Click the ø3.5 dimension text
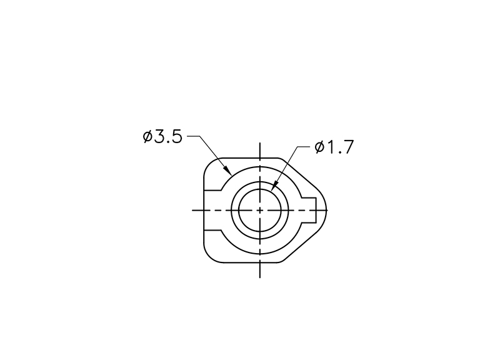(x=162, y=137)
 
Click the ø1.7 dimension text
(x=334, y=147)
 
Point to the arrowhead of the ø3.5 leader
(x=227, y=171)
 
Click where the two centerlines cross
(x=260, y=210)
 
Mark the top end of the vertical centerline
(x=260, y=143)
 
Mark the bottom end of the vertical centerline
(x=260, y=277)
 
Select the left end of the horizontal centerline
(x=192, y=210)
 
